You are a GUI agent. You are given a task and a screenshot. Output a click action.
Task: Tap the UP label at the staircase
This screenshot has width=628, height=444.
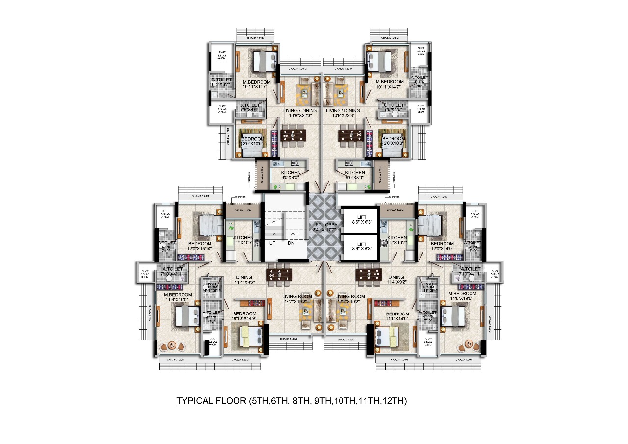[x=272, y=243]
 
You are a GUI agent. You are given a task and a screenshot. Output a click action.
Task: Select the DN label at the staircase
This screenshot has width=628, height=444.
[x=291, y=243]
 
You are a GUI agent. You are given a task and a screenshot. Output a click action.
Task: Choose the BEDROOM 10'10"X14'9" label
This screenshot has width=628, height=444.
[x=244, y=316]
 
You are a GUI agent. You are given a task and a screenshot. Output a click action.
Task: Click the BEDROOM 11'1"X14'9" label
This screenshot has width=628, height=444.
[x=397, y=316]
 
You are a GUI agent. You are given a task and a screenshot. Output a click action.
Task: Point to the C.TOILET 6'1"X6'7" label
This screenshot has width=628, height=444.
[x=220, y=82]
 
